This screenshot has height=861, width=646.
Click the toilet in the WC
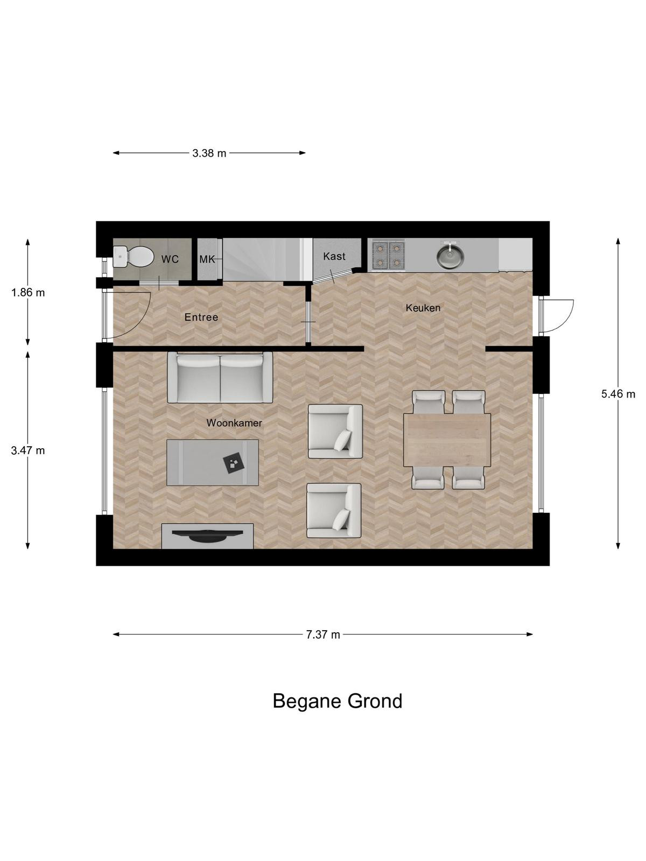[x=134, y=257]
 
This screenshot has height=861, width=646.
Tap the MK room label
[x=207, y=259]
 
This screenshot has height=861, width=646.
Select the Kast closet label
[x=334, y=256]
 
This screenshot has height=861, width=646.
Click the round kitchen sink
[x=451, y=255]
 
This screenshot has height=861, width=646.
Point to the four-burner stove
[x=388, y=256]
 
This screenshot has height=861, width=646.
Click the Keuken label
[x=423, y=308]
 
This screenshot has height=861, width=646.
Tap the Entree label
[x=201, y=317]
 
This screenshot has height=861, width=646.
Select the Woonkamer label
[x=234, y=423]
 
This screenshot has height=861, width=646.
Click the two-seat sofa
[x=220, y=377]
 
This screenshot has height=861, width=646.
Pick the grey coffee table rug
[x=213, y=462]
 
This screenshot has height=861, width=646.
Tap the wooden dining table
[x=447, y=440]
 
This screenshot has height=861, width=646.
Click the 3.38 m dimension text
[x=209, y=153]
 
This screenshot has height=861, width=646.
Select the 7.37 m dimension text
[x=323, y=634]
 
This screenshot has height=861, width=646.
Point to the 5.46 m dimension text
[x=618, y=394]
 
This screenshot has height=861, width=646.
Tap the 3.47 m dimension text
[x=28, y=450]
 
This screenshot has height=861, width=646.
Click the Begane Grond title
[x=338, y=701]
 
